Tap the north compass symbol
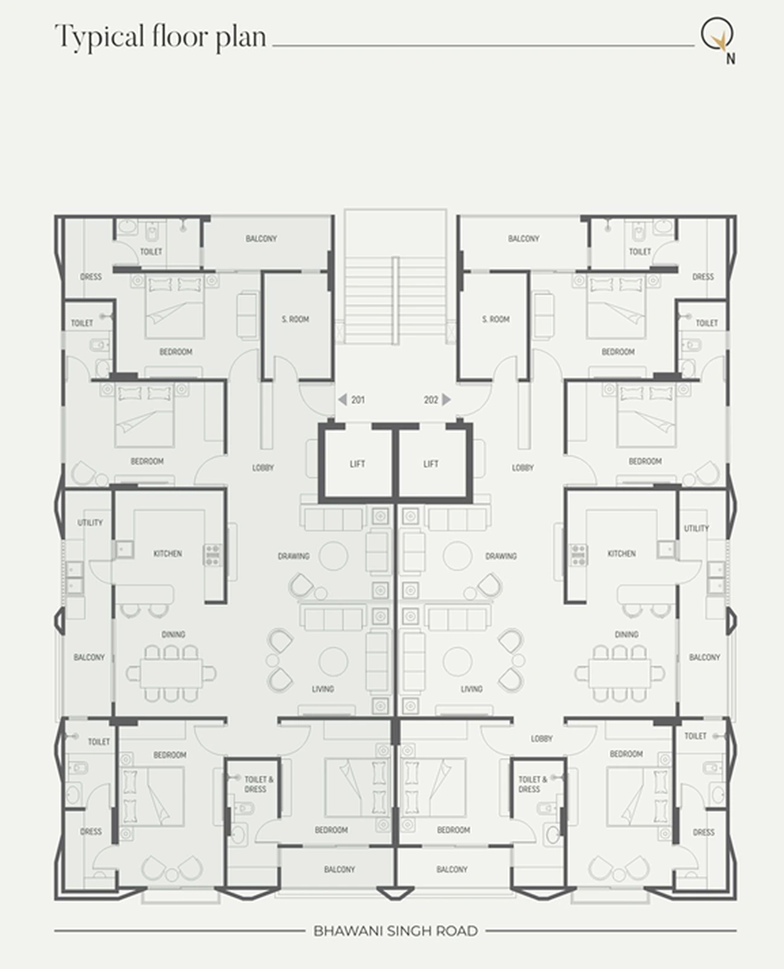719,40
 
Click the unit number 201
358,400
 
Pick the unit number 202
431,400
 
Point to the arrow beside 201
342,400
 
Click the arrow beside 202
446,400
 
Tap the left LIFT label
358,464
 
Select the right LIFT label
431,464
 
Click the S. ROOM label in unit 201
295,320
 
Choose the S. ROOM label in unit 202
496,320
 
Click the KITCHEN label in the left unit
168,553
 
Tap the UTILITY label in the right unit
696,528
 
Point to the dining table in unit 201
172,674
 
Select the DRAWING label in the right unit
501,556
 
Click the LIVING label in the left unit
323,689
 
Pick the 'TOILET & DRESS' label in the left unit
259,784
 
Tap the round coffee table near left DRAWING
333,555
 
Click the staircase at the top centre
395,300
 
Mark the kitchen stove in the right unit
579,555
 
